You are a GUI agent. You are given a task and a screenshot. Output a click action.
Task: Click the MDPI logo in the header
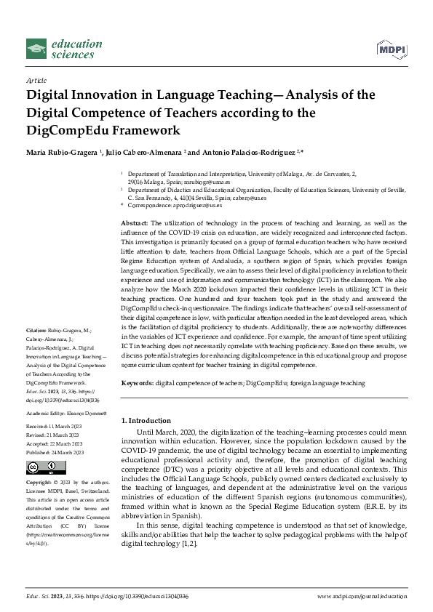[x=390, y=49]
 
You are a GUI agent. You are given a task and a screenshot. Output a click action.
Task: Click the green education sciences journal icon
[x=36, y=49]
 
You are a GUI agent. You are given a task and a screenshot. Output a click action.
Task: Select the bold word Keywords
[x=136, y=382]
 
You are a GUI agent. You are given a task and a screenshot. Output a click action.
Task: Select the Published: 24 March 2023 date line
[x=57, y=451]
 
